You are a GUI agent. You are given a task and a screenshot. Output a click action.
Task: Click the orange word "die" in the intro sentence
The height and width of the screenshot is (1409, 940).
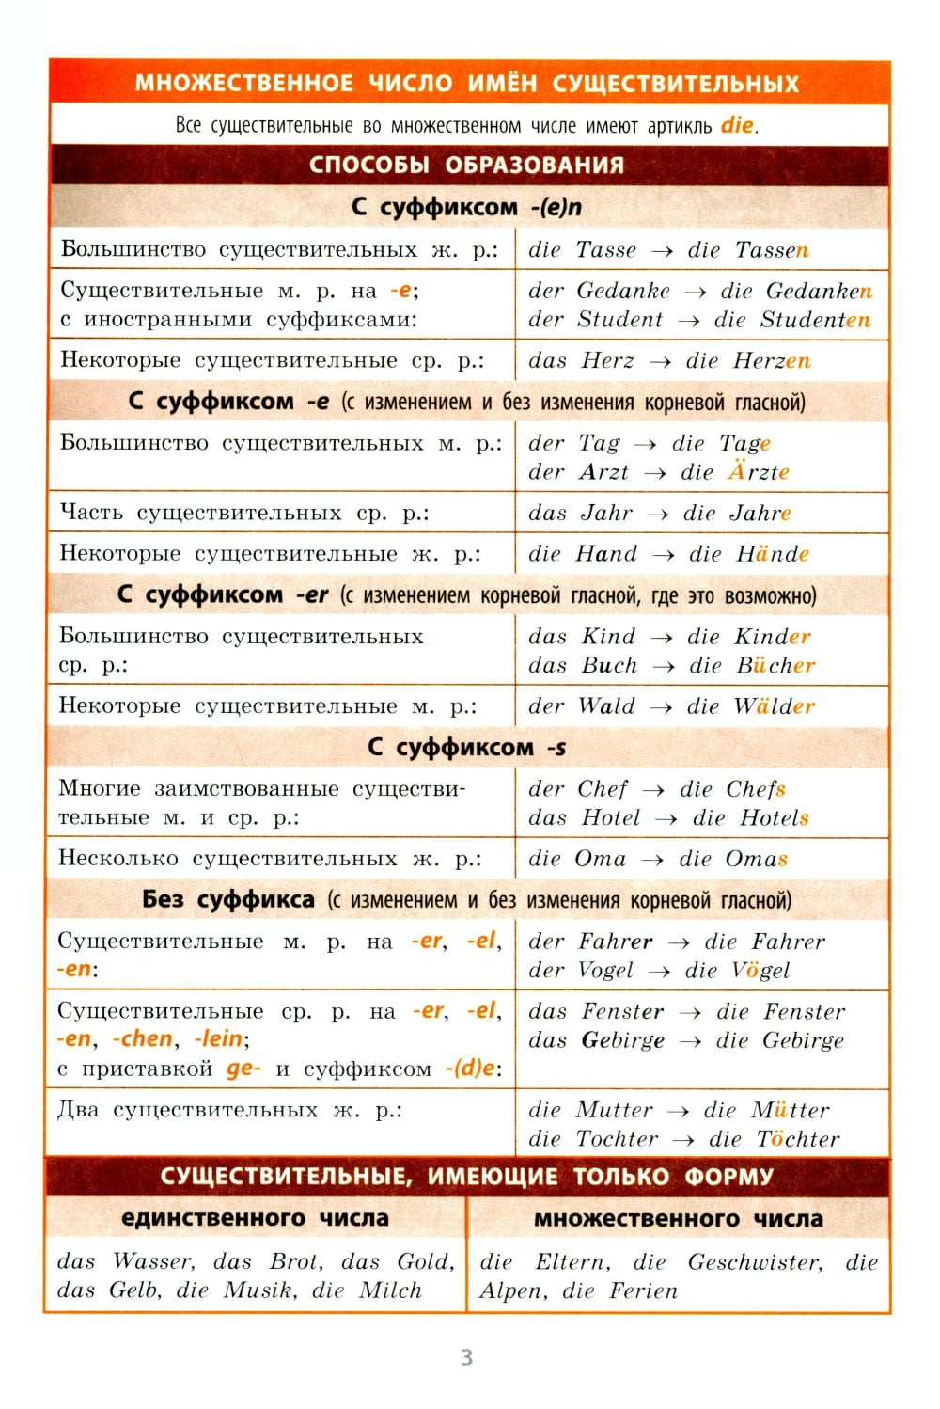click(738, 125)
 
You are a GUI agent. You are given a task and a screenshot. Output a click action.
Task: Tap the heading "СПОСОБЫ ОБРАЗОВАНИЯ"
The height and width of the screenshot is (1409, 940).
click(466, 165)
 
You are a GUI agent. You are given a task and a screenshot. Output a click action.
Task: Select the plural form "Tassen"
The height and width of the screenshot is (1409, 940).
click(772, 250)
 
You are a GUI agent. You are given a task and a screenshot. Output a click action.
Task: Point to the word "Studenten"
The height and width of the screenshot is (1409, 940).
click(815, 320)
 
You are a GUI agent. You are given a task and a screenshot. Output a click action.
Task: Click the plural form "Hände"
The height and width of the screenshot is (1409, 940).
click(773, 554)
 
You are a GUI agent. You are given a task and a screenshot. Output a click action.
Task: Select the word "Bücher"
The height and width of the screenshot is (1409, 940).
click(775, 666)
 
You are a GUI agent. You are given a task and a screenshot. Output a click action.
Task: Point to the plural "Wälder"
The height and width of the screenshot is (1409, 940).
click(775, 706)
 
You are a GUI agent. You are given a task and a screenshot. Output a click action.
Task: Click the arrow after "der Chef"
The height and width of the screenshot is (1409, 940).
click(653, 790)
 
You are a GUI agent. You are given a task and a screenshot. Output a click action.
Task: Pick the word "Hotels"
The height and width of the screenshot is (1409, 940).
click(775, 818)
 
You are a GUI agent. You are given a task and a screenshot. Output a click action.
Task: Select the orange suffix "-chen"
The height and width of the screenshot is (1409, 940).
click(143, 1039)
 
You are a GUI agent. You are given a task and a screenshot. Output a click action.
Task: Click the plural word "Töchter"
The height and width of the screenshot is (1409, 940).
click(798, 1139)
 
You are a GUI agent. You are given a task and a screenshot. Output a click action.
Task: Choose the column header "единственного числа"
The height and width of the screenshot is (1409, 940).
click(255, 1219)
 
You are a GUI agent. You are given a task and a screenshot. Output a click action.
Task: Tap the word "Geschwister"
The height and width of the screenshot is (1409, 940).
click(755, 1262)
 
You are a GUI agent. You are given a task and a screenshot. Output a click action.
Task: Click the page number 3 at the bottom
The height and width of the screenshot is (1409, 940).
click(467, 1357)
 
